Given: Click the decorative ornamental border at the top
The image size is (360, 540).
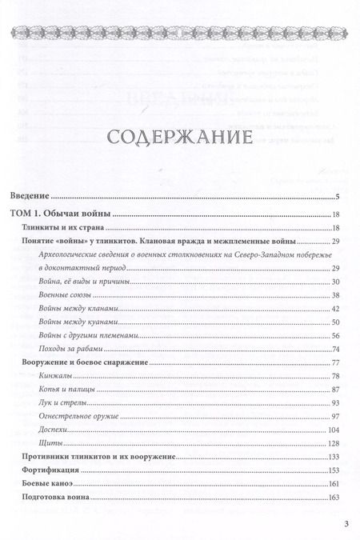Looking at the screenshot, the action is [180, 32].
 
